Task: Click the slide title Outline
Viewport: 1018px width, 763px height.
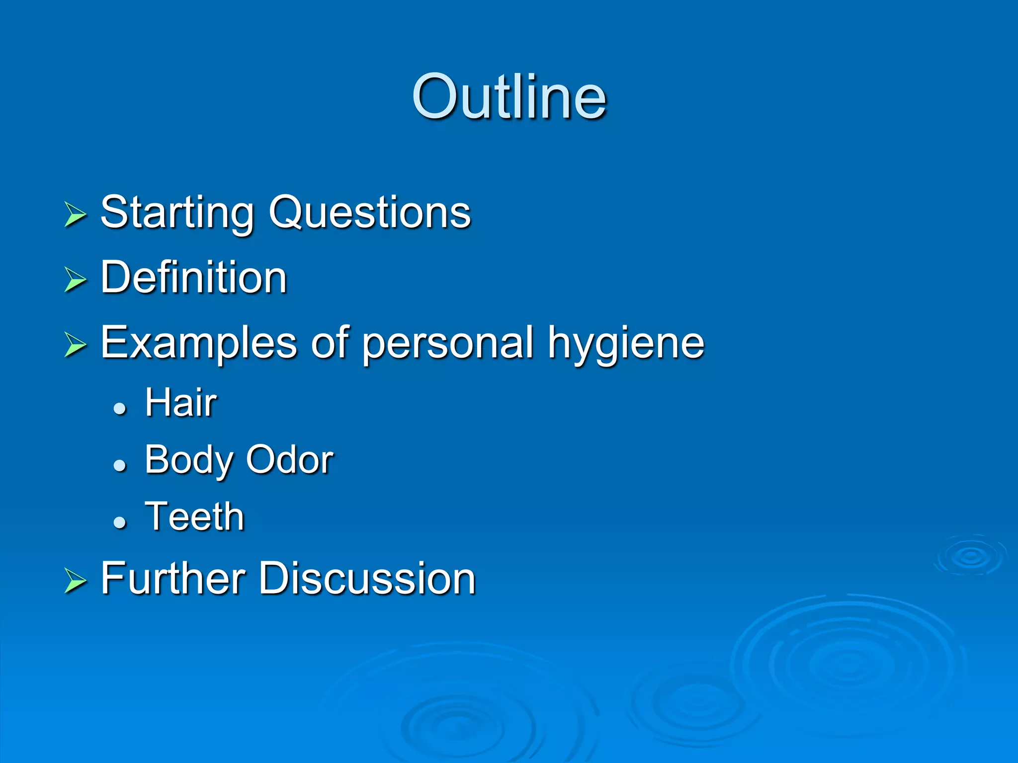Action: (x=509, y=96)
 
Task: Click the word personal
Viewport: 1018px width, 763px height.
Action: (x=447, y=344)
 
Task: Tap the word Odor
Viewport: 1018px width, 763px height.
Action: (x=290, y=460)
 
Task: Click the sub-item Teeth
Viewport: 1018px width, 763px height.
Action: (x=194, y=517)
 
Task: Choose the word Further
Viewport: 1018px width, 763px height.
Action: (x=173, y=578)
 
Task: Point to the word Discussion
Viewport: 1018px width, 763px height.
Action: (x=367, y=578)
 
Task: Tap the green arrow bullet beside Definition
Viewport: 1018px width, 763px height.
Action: (x=75, y=280)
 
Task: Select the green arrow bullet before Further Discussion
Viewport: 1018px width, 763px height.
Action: (x=75, y=581)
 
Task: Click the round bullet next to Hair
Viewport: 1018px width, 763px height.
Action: (x=120, y=409)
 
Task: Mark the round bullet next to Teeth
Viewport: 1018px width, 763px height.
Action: (x=120, y=522)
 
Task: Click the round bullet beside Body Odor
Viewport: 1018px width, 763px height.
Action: (x=120, y=465)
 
